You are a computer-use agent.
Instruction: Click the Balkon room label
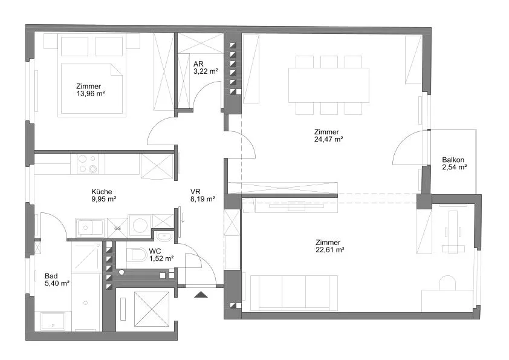[453, 160]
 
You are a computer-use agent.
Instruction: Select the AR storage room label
[198, 64]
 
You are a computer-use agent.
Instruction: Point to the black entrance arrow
[201, 295]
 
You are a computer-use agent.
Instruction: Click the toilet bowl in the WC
[137, 255]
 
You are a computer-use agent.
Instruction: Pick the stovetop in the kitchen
[88, 164]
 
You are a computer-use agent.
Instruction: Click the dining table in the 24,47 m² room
[329, 85]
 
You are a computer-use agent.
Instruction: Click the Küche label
[102, 192]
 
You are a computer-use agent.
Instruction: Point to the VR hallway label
[195, 192]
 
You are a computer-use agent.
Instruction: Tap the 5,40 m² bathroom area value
[57, 283]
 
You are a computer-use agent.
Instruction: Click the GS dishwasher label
[117, 229]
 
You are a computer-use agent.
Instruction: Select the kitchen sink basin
[89, 227]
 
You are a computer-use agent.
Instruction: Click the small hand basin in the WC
[164, 236]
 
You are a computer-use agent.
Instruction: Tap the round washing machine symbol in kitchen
[140, 225]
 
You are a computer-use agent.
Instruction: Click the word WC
[155, 251]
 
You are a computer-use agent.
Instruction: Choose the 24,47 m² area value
[328, 139]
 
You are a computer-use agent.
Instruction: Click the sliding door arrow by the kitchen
[183, 217]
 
